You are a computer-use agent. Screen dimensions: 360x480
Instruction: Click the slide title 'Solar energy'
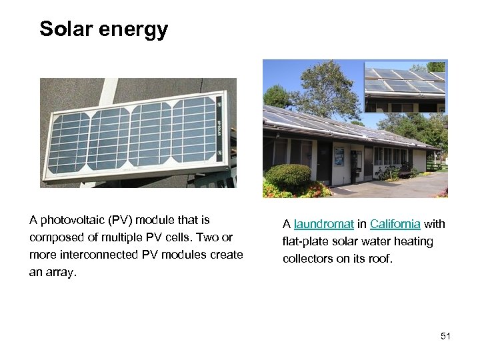[103, 29]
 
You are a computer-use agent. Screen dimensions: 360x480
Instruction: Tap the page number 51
[445, 336]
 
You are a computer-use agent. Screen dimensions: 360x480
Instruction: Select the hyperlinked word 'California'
[395, 225]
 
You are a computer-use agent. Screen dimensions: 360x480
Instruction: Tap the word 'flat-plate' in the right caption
[307, 241]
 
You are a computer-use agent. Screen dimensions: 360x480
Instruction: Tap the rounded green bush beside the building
[288, 177]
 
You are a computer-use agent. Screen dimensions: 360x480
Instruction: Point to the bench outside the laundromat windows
[404, 172]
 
